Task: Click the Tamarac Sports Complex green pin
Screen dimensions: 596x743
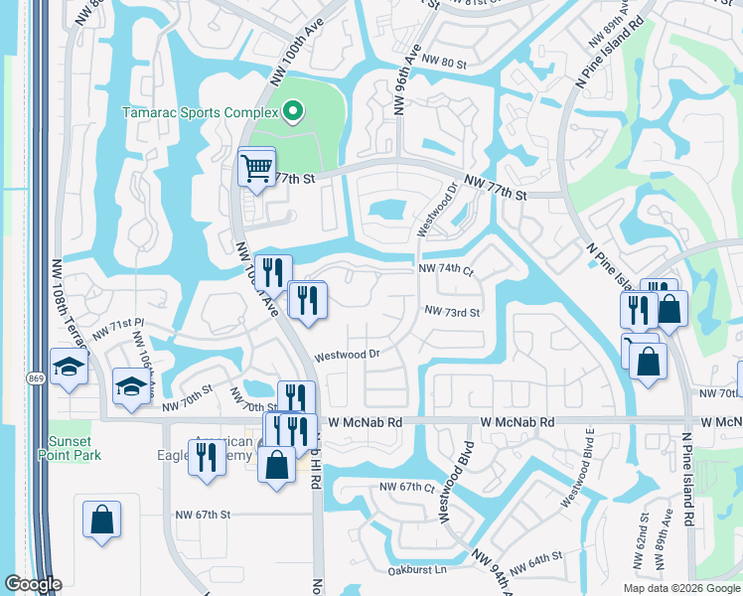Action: tap(292, 112)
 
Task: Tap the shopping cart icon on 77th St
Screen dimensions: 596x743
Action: tap(256, 167)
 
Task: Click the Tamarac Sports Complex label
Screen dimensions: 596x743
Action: tap(199, 112)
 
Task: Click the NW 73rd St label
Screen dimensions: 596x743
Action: tap(452, 312)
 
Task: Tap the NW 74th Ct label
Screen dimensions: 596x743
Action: tap(447, 268)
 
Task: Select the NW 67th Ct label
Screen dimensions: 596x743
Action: tap(408, 487)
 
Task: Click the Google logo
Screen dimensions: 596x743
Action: tap(33, 584)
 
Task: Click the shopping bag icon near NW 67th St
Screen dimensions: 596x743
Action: tap(101, 520)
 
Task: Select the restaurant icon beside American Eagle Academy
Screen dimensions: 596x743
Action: tap(207, 458)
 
